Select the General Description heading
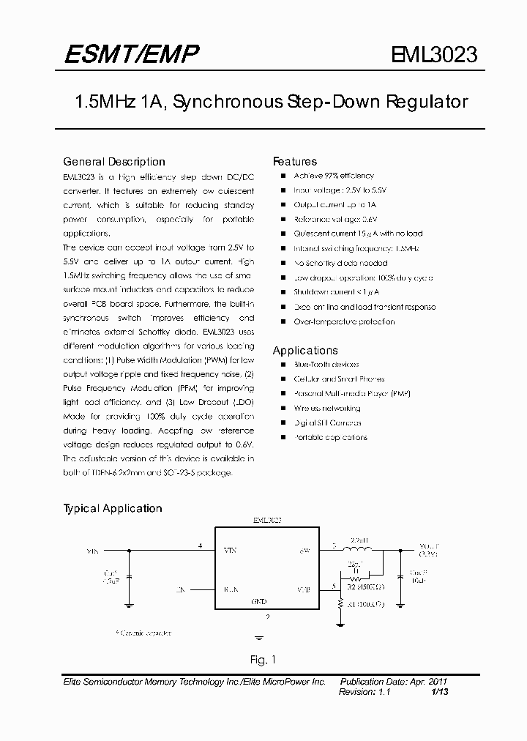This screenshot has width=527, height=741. pyautogui.click(x=114, y=162)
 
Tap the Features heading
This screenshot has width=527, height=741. pyautogui.click(x=295, y=162)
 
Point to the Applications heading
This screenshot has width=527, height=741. pyautogui.click(x=305, y=351)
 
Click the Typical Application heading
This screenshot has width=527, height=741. pyautogui.click(x=113, y=508)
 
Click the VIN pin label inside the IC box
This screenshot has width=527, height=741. pyautogui.click(x=230, y=549)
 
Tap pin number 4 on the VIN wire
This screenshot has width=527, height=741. pyautogui.click(x=200, y=545)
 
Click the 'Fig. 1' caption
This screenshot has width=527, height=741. pyautogui.click(x=263, y=658)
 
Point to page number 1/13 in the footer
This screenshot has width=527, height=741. pyautogui.click(x=440, y=691)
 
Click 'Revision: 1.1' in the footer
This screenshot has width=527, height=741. pyautogui.click(x=365, y=691)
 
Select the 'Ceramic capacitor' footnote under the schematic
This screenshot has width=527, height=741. pyautogui.click(x=143, y=631)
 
